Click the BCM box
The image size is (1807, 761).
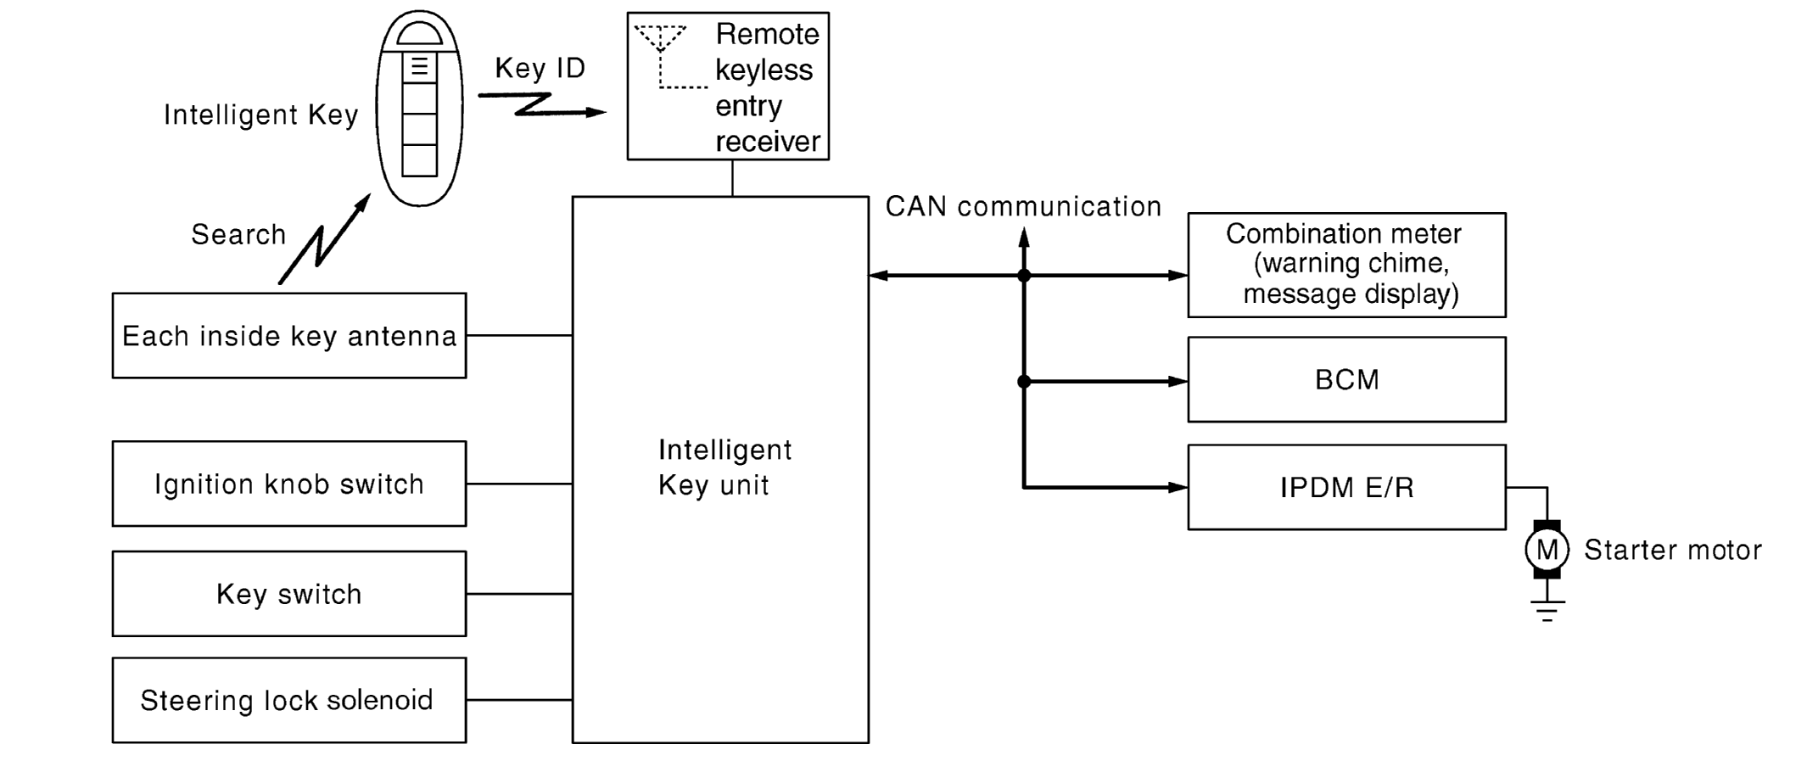tap(1346, 379)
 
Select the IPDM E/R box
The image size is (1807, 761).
tap(1346, 487)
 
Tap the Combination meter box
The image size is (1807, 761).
tap(1346, 265)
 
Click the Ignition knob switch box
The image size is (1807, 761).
tap(288, 484)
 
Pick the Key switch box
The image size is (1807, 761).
tap(288, 594)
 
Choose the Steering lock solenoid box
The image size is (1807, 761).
tap(288, 700)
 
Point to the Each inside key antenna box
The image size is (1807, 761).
tap(288, 336)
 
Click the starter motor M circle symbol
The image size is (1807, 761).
tap(1547, 550)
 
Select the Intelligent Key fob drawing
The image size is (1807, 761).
tap(419, 109)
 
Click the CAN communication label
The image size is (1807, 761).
tap(1023, 206)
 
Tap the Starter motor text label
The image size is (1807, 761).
tap(1673, 550)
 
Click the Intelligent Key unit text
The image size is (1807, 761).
tap(724, 467)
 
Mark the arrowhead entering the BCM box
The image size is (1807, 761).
tap(1178, 382)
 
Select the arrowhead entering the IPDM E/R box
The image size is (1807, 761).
tap(1178, 488)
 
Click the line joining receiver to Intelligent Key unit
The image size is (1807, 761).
tap(732, 178)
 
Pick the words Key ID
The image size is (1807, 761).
tap(540, 68)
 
